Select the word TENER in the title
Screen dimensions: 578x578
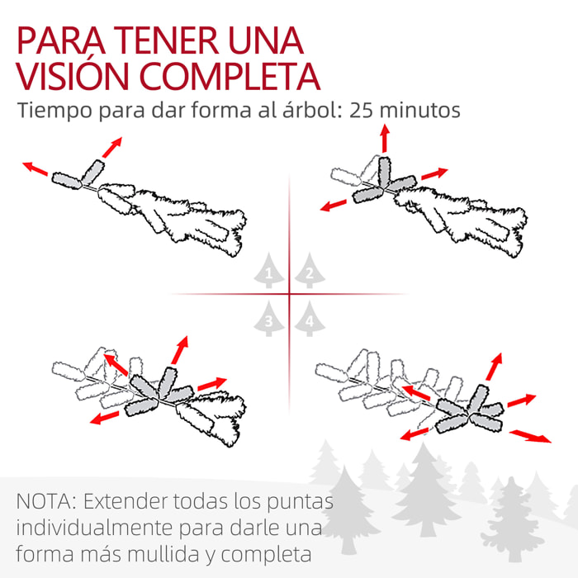pyautogui.click(x=166, y=40)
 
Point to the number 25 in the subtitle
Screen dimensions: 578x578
pyautogui.click(x=360, y=110)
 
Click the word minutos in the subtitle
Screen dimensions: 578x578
pyautogui.click(x=419, y=110)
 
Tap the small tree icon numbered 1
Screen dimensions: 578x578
pyautogui.click(x=268, y=270)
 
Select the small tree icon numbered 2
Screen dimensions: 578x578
pyautogui.click(x=310, y=270)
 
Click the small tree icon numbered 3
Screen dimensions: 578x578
pyautogui.click(x=268, y=319)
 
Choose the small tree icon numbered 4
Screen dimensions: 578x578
pyautogui.click(x=310, y=319)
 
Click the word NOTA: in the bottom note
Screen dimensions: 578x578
pyautogui.click(x=46, y=501)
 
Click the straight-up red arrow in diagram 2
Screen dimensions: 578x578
pyautogui.click(x=385, y=138)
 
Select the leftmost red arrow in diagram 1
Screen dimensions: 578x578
pyautogui.click(x=36, y=168)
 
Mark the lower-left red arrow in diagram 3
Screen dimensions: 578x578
pyautogui.click(x=105, y=418)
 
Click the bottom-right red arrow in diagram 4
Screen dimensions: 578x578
pyautogui.click(x=530, y=436)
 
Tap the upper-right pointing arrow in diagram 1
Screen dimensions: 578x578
pyautogui.click(x=112, y=148)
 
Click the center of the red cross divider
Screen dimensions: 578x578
pyautogui.click(x=289, y=294)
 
